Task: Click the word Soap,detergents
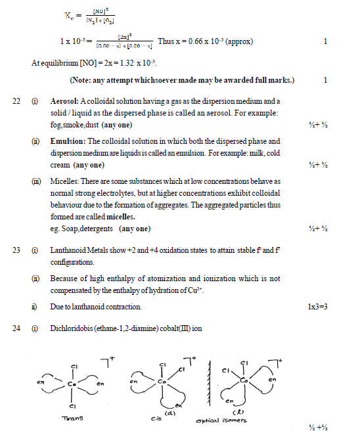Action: pos(88,228)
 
